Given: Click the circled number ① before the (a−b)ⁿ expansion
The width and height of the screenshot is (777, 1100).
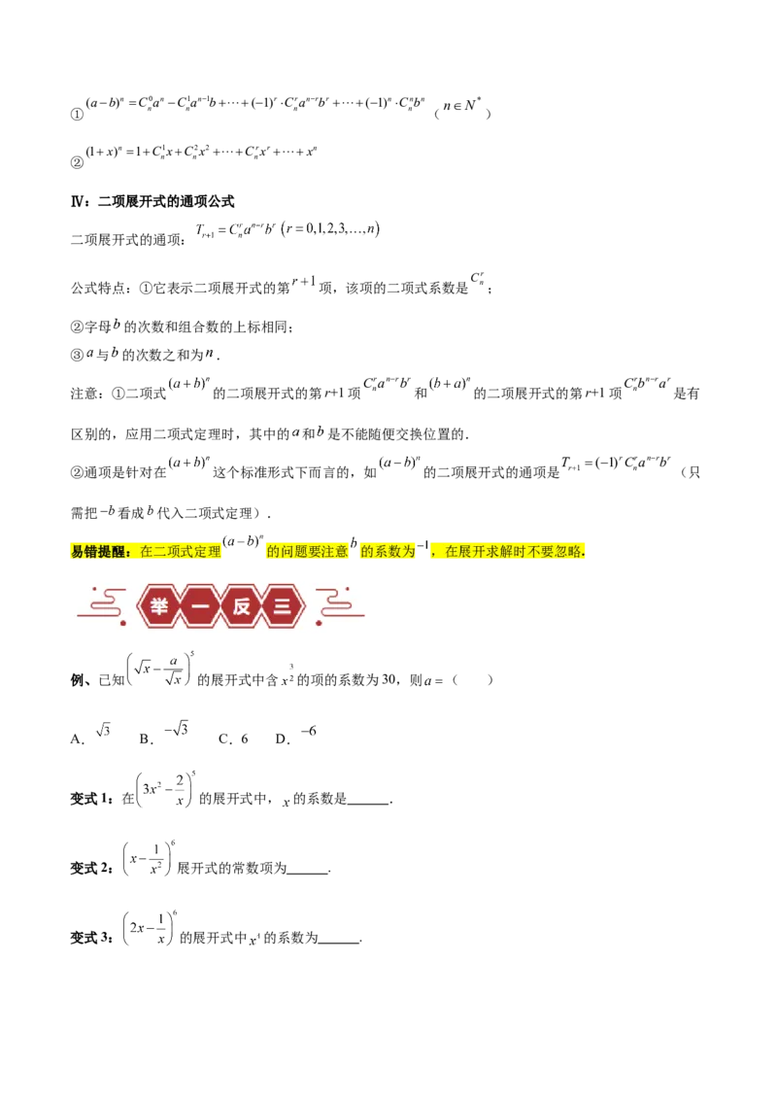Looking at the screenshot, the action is (77, 115).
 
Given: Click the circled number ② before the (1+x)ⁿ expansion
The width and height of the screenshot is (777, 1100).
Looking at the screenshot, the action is (77, 162).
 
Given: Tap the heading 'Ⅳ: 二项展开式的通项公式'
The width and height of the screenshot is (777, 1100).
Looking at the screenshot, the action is (152, 201).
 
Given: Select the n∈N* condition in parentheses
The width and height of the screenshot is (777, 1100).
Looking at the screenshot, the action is (462, 110).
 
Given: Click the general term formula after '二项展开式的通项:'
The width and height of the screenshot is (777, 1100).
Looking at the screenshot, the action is (287, 229).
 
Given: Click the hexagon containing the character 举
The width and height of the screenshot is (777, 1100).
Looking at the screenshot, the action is (159, 605).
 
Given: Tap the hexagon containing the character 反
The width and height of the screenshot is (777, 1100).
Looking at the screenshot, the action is (242, 605).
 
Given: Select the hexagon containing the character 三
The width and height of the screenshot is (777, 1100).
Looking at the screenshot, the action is (283, 605).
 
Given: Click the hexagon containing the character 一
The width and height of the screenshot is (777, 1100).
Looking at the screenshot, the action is (200, 605).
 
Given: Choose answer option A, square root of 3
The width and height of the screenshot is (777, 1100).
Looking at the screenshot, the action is (90, 734).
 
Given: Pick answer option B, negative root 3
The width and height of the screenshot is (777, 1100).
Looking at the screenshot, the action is (163, 733).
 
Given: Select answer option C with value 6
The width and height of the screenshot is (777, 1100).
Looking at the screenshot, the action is (233, 739).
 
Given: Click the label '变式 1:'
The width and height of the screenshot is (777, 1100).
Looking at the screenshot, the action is (92, 799).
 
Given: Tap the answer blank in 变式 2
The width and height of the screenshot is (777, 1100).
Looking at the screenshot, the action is (308, 872).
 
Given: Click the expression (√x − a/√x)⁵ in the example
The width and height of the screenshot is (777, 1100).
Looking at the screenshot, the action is (160, 670).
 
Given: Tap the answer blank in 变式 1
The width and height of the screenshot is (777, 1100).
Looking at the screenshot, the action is (369, 803).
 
